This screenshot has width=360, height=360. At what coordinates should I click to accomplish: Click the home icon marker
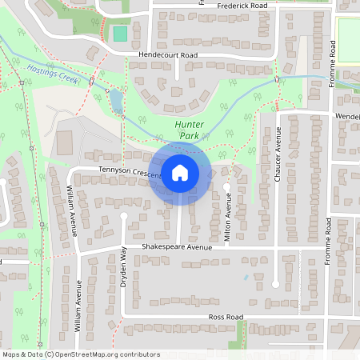[x=180, y=173]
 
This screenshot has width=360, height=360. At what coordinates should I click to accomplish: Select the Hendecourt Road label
[x=168, y=55]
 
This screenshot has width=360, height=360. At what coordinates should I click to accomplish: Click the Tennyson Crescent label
[x=130, y=171]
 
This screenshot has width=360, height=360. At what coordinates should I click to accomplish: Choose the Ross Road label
[x=226, y=317]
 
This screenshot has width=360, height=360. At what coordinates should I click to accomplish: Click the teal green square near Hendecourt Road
[x=120, y=34]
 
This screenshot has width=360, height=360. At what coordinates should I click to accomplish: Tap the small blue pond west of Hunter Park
[x=116, y=99]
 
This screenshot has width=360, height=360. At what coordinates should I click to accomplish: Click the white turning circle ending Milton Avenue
[x=227, y=187]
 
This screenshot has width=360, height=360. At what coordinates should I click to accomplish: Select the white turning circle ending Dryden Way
[x=123, y=216]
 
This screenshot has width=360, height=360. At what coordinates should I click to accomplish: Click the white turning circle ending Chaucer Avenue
[x=275, y=283]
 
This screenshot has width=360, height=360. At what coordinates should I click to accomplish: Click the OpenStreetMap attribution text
[x=80, y=354]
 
